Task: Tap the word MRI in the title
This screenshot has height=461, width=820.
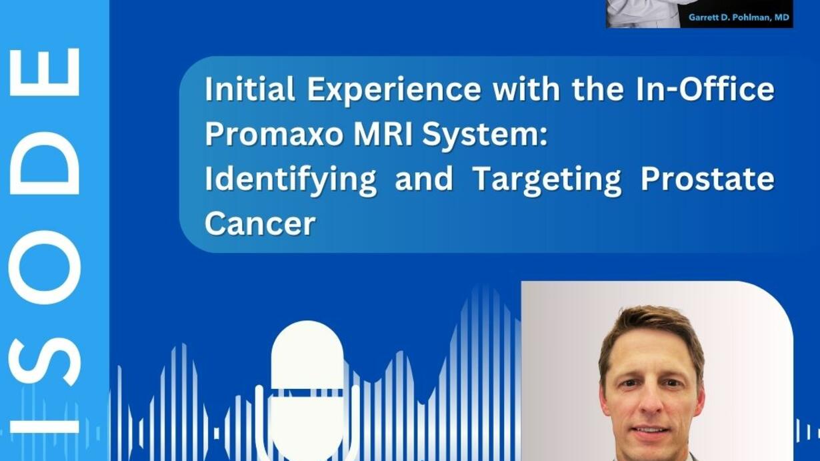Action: tap(383, 133)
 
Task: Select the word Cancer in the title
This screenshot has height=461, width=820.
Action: tap(260, 223)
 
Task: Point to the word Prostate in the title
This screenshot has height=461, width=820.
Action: tap(707, 179)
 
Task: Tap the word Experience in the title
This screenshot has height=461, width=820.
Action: tap(394, 90)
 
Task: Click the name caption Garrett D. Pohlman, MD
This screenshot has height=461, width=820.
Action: tap(739, 17)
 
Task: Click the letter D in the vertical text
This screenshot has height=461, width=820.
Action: tap(44, 163)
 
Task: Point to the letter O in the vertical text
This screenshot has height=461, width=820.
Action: tap(44, 267)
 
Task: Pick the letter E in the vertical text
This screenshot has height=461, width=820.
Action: tap(44, 72)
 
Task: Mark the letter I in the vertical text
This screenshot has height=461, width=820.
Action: tap(44, 427)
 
